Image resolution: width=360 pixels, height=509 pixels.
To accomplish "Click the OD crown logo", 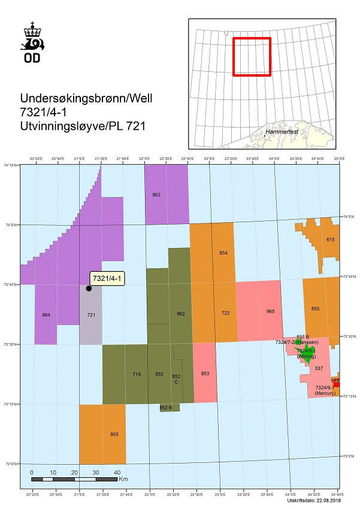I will click(x=34, y=42).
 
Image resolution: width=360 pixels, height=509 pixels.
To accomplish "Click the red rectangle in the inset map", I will click(x=252, y=57).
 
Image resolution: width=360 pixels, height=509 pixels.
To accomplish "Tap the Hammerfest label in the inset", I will click(x=282, y=130).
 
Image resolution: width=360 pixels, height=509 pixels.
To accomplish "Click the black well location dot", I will click(x=89, y=288).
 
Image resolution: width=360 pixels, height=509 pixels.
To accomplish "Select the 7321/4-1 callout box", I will click(x=107, y=278).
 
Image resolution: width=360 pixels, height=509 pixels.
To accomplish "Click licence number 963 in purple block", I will click(x=156, y=195).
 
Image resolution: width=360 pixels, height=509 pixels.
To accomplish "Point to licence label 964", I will click(x=46, y=314).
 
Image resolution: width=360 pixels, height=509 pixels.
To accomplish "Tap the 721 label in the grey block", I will click(x=91, y=314).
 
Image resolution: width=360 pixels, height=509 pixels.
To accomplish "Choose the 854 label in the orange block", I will click(x=223, y=253).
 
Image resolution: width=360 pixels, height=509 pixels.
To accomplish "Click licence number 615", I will click(x=330, y=240).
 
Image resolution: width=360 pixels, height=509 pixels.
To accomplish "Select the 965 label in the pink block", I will click(x=270, y=311).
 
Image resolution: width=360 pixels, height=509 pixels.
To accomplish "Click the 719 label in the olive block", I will click(x=136, y=374).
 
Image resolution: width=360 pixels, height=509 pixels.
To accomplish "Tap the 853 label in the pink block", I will click(x=205, y=374).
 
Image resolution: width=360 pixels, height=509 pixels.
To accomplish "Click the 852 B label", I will click(x=166, y=408).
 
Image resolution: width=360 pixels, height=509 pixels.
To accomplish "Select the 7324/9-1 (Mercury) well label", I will click(x=325, y=391).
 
